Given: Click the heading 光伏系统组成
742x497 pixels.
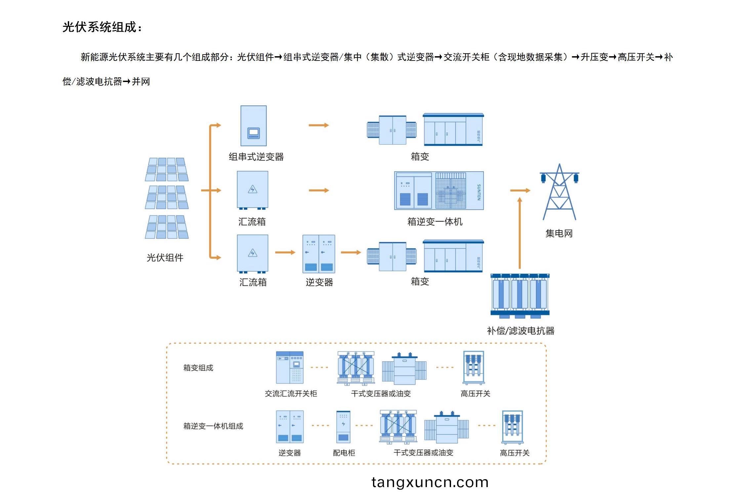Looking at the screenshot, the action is (x=100, y=27).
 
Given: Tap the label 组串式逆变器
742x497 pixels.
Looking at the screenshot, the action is (x=256, y=157).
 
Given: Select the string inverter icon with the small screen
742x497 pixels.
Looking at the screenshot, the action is (x=254, y=126).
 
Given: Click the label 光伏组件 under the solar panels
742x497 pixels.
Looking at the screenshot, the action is (x=165, y=258).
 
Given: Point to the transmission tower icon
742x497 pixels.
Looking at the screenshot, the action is (x=559, y=192).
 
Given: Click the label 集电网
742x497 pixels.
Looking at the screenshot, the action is (x=559, y=233).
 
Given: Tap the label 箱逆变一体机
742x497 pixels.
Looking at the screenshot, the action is (x=435, y=222).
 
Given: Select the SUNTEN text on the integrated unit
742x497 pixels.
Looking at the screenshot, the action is (x=478, y=192).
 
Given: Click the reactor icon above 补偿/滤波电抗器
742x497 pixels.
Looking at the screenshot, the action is (x=520, y=296).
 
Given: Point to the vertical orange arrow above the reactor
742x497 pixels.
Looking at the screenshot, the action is (x=520, y=233).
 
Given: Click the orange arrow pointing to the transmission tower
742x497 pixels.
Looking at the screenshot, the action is (x=520, y=190).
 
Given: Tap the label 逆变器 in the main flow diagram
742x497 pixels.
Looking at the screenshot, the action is (x=319, y=282).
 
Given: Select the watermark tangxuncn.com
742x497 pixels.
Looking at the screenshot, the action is (x=430, y=482).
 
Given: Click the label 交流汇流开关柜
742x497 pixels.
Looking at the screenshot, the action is (x=291, y=393).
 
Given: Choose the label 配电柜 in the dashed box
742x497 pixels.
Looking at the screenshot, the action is (x=344, y=453).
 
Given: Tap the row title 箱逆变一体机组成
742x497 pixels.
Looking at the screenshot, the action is (x=213, y=426).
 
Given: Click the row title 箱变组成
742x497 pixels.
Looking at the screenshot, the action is (x=198, y=368).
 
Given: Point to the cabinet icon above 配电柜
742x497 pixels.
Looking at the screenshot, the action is (x=343, y=427).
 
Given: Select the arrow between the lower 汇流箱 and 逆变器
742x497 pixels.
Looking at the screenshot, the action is (x=285, y=252).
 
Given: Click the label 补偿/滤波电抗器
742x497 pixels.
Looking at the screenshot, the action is (x=520, y=331).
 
